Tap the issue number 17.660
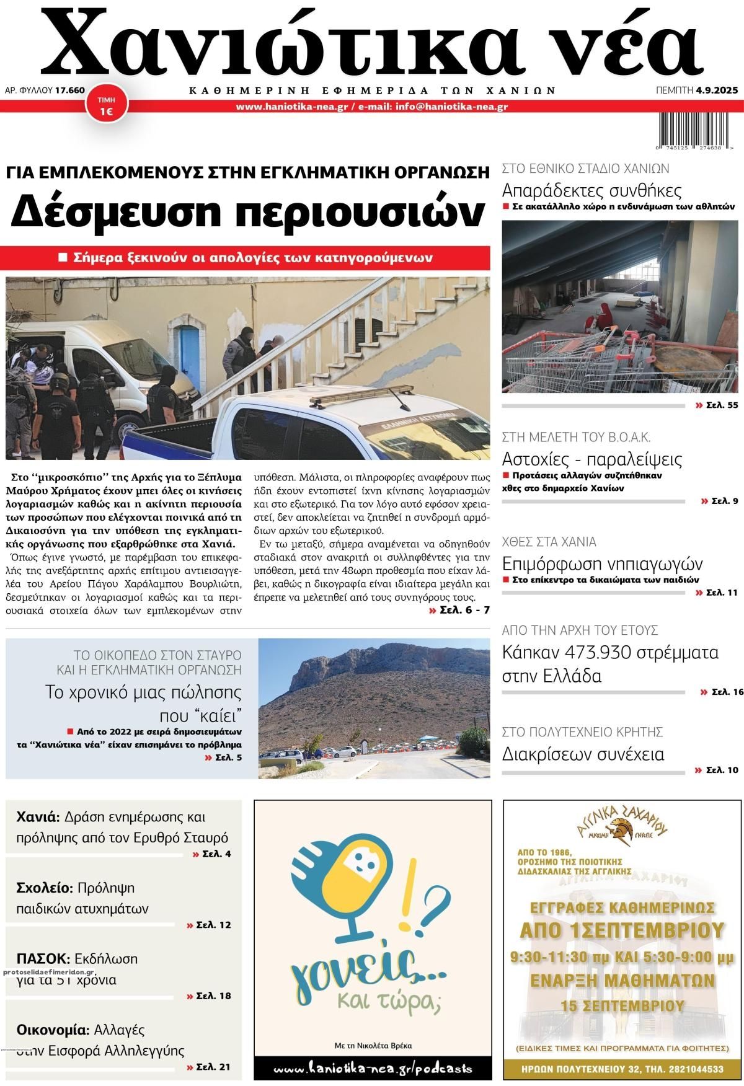click(x=69, y=90)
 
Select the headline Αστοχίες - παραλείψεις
click(x=591, y=459)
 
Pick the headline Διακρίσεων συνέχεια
click(x=583, y=754)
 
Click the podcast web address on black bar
click(x=372, y=1069)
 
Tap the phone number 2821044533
click(x=691, y=1069)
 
